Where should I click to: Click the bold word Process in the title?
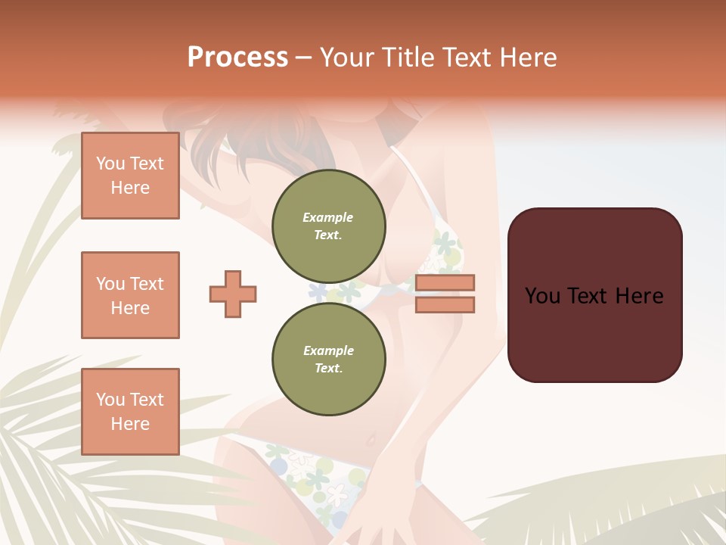click(237, 58)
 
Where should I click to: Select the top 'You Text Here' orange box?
click(130, 176)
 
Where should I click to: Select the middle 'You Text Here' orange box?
click(130, 295)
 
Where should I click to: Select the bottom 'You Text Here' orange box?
click(130, 412)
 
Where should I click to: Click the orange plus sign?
click(233, 294)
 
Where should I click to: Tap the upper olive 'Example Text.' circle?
click(328, 226)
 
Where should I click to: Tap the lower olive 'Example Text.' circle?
click(328, 359)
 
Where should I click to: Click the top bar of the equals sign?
click(445, 283)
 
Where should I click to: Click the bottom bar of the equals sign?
click(445, 304)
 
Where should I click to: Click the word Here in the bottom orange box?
click(130, 424)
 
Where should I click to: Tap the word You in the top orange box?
click(110, 163)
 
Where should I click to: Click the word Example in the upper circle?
click(328, 217)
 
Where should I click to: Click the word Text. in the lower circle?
click(328, 368)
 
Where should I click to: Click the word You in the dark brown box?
click(542, 296)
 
